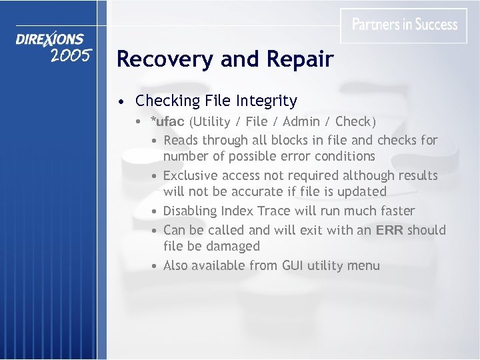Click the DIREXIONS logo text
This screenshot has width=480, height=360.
point(51,40)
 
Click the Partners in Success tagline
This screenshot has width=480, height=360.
point(404,25)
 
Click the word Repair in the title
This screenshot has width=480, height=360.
point(299,60)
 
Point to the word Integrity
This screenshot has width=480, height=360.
point(266,101)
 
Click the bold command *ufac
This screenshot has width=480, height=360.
point(167,122)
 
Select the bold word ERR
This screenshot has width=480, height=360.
point(390,230)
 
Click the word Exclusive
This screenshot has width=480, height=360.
point(192,175)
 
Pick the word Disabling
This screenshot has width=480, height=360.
point(191,211)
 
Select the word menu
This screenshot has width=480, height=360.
point(363,266)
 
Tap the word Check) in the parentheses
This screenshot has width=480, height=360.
point(356,122)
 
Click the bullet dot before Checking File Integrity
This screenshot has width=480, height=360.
point(119,102)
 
